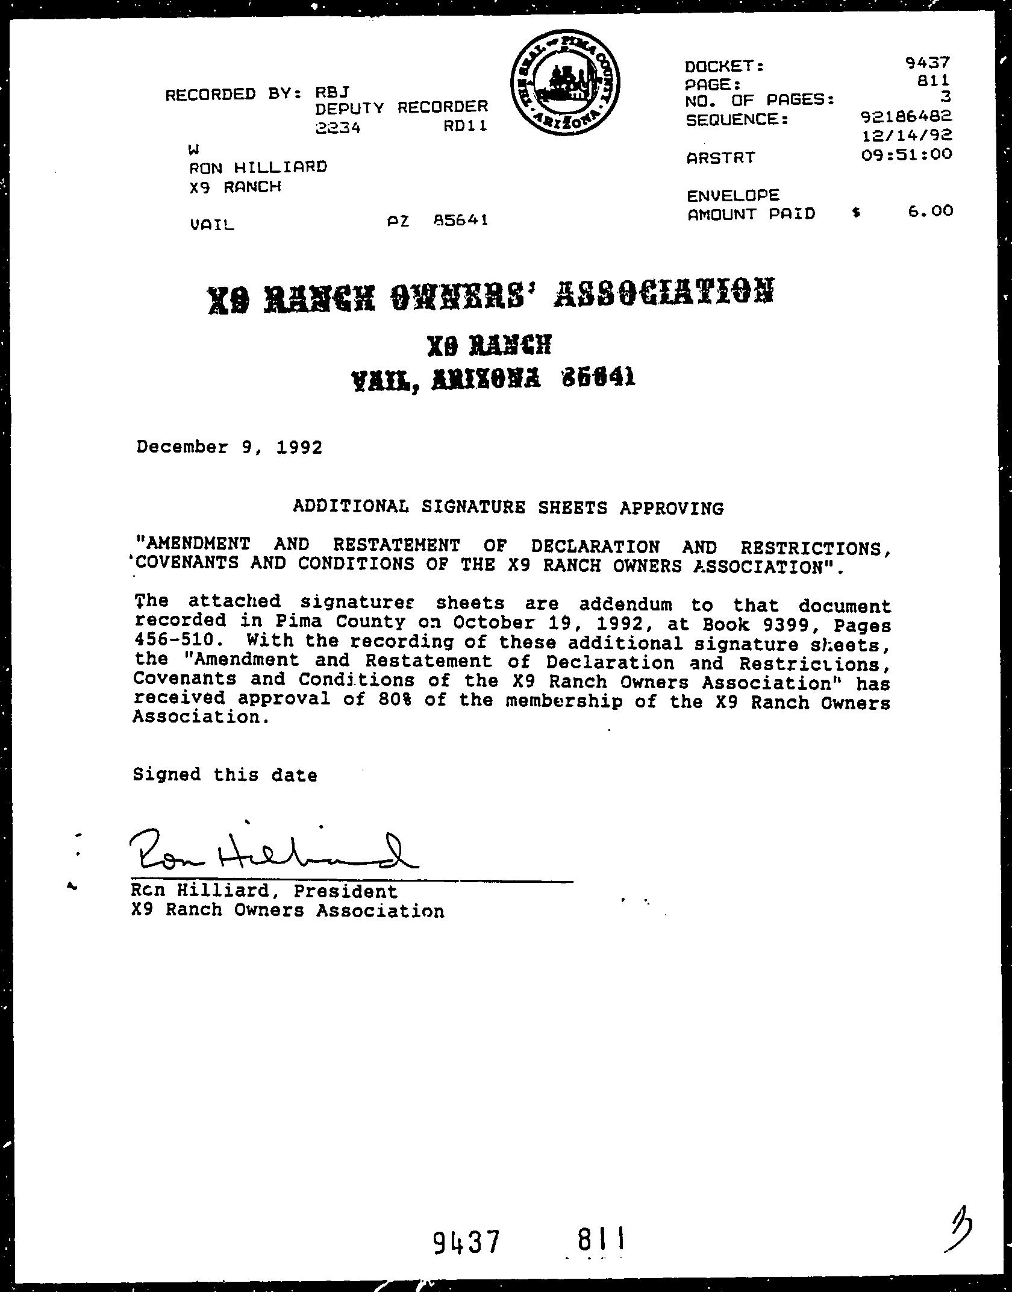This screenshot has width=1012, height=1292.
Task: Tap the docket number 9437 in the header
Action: (x=927, y=61)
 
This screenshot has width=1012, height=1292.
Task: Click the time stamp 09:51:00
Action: (x=907, y=154)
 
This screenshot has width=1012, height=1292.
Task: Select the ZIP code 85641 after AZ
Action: (x=461, y=220)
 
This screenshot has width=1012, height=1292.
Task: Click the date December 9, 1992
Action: (x=230, y=447)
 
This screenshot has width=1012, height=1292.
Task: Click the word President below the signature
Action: (x=346, y=891)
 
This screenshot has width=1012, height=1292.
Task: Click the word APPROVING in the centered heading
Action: (x=672, y=509)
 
